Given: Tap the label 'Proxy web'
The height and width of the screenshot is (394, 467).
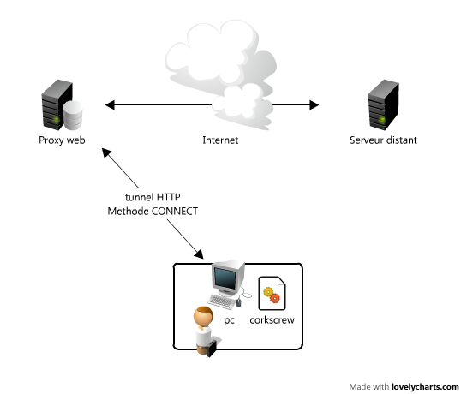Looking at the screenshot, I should coord(61,140).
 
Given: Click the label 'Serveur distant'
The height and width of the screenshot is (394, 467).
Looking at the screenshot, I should coord(383,140).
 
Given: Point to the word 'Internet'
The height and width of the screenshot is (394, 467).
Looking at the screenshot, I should coord(220,140).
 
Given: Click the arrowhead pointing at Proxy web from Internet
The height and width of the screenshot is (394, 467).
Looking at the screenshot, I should coord(110,105).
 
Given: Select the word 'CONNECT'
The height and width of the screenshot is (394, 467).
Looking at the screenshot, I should coord(175,210).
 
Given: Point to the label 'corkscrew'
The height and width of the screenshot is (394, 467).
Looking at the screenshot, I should coord(272,321).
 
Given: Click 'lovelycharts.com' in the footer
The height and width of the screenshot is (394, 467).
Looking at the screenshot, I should coord(425,386).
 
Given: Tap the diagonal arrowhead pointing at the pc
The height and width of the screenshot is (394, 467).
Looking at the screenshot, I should coord(200,255).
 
